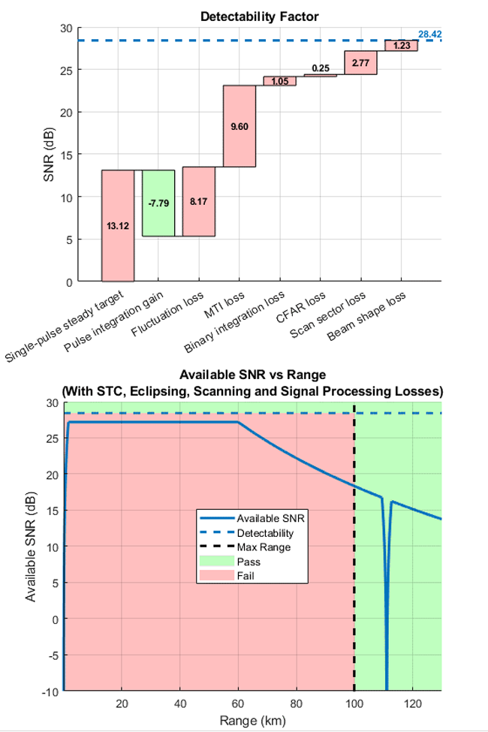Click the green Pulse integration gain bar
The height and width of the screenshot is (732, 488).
[158, 203]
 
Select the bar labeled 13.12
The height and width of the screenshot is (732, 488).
[118, 225]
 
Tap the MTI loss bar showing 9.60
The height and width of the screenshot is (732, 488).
[239, 125]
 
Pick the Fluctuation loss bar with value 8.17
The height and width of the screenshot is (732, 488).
[199, 201]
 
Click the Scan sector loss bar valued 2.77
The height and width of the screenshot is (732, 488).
[360, 63]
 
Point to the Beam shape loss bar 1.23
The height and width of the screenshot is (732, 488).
[401, 46]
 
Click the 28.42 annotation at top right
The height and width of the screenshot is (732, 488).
[429, 34]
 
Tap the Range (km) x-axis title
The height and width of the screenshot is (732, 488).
[251, 721]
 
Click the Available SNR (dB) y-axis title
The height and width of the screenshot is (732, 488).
[31, 547]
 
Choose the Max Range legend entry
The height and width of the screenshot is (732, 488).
[263, 547]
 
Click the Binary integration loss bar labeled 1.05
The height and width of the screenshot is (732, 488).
[279, 81]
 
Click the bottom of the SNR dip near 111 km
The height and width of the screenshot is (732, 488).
[387, 687]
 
